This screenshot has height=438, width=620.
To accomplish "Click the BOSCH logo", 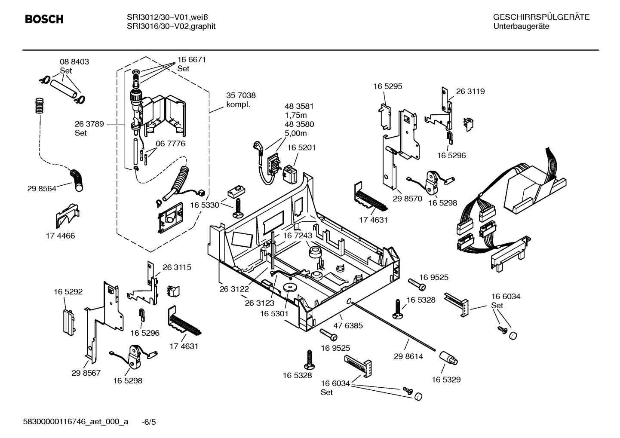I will pyautogui.click(x=44, y=19).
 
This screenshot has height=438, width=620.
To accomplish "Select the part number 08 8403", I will pyautogui.click(x=74, y=62).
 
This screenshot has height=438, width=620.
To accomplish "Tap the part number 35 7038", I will pyautogui.click(x=241, y=95).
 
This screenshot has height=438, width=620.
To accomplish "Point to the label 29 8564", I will pyautogui.click(x=42, y=188).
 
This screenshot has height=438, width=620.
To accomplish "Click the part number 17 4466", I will pyautogui.click(x=60, y=236).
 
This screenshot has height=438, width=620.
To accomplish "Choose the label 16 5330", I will pyautogui.click(x=205, y=205).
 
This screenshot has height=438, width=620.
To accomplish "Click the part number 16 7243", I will pyautogui.click(x=297, y=236).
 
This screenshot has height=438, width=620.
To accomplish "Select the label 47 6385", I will pyautogui.click(x=348, y=325).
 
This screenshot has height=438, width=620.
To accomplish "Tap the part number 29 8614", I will pyautogui.click(x=408, y=356).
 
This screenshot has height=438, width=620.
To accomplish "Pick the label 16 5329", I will pyautogui.click(x=446, y=380).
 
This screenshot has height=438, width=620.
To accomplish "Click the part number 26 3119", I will pyautogui.click(x=470, y=91).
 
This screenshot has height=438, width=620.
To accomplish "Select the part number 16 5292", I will pyautogui.click(x=68, y=292).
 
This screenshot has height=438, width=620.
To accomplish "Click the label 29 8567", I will pyautogui.click(x=86, y=373).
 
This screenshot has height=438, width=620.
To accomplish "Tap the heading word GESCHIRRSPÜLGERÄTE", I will pyautogui.click(x=541, y=17).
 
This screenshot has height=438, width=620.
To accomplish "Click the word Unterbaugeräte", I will pyautogui.click(x=521, y=26).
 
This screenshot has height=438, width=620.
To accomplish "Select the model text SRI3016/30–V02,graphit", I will pyautogui.click(x=171, y=26).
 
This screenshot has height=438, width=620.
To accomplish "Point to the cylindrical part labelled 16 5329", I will pyautogui.click(x=448, y=358).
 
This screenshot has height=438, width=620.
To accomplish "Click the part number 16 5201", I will pyautogui.click(x=301, y=147).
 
